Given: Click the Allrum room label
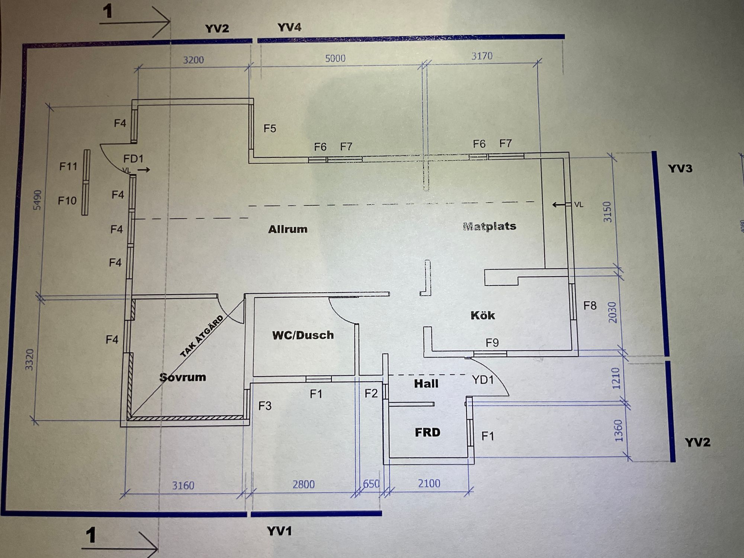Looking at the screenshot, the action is [x=288, y=229].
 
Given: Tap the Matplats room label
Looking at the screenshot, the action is [x=490, y=226].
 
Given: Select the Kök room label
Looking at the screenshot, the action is [x=483, y=315].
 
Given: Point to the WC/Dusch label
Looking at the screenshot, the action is [x=303, y=335].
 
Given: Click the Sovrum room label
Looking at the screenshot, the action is [x=183, y=377].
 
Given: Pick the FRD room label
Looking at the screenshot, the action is [x=427, y=432].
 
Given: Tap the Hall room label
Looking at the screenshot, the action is [x=426, y=384].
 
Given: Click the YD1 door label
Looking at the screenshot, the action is [x=483, y=380].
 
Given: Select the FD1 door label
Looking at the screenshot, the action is [x=133, y=159].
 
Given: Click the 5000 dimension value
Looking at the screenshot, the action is [x=335, y=58].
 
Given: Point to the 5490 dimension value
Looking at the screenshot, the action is [x=38, y=200].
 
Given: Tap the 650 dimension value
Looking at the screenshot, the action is [x=371, y=484].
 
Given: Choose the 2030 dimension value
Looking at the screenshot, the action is [x=612, y=312].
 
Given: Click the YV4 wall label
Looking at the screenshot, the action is [x=289, y=27].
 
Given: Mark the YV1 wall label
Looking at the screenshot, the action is [x=279, y=531].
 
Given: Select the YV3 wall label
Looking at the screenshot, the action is [x=680, y=169].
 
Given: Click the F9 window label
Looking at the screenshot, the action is [x=492, y=343].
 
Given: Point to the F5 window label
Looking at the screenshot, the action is [x=270, y=128].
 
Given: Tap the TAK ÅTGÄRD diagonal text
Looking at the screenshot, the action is [x=202, y=336].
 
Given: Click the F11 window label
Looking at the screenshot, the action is [x=68, y=166].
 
